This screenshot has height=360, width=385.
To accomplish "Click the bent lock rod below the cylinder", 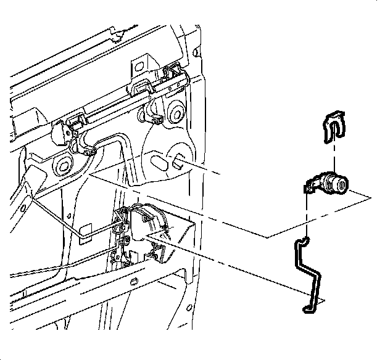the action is pyautogui.click(x=308, y=271).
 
